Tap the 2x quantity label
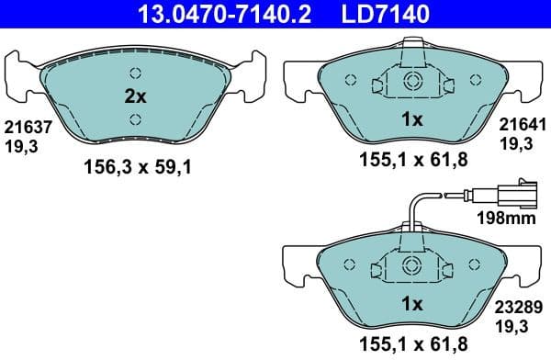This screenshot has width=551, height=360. click(135, 96)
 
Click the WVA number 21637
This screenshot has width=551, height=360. click(22, 128)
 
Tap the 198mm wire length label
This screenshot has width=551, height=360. click(506, 219)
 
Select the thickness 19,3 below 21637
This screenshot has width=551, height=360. click(17, 144)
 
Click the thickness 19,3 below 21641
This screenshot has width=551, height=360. click(514, 144)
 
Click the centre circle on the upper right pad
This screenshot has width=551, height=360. click(411, 81)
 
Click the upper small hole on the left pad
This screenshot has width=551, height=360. click(135, 73)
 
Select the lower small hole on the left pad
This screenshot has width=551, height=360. click(135, 118)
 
